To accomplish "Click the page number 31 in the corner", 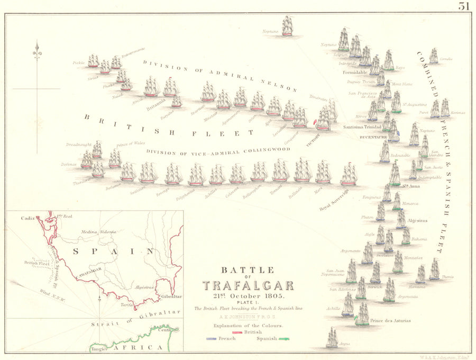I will click(464, 6).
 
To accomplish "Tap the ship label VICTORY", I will click(313, 139).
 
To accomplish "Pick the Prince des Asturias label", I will click(390, 321).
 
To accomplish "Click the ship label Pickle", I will click(79, 62).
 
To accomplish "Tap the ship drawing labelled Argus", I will click(332, 337).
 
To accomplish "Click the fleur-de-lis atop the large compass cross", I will click(36, 51).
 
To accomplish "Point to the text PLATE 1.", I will click(248, 302).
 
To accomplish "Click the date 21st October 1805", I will click(248, 295).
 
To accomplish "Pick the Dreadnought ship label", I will click(79, 144).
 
